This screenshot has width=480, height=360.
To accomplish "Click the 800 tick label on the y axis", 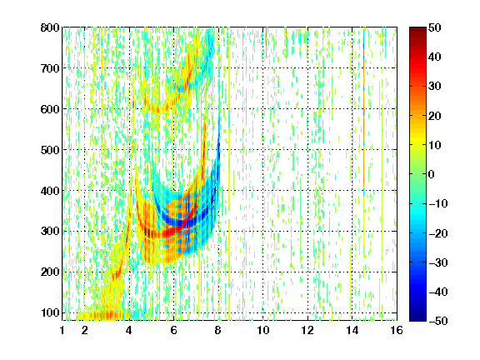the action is coord(50,27).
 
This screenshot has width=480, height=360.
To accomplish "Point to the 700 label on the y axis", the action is coord(50,68).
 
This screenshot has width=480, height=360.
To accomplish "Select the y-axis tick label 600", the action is coord(50,109).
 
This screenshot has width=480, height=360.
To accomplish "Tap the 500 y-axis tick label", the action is coord(50,150).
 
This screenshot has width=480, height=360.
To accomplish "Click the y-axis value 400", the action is coord(50,191).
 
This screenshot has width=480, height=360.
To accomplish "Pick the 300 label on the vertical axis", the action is coord(50,231).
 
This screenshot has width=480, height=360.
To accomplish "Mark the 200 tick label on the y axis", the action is coord(50,272).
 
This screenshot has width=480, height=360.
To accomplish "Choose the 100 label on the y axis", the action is coord(50,312).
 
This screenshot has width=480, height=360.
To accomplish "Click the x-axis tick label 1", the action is coord(62,330).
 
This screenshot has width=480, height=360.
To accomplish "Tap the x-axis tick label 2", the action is coord(85,330).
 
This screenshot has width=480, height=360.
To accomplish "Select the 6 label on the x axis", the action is coord(174,330).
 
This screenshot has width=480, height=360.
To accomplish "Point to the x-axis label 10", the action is coord(263,330).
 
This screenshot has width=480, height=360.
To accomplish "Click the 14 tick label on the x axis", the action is coord(352,330).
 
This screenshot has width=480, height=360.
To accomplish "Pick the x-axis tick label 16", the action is coord(397,330).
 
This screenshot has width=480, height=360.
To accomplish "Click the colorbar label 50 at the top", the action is coord(434,27).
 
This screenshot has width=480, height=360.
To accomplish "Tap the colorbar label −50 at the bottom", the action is coord(437,321).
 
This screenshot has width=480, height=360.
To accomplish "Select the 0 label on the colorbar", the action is coord(432,174).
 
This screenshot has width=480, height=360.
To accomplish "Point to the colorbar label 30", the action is coord(434,87).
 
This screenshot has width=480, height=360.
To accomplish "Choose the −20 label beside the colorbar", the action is coord(437,233).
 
